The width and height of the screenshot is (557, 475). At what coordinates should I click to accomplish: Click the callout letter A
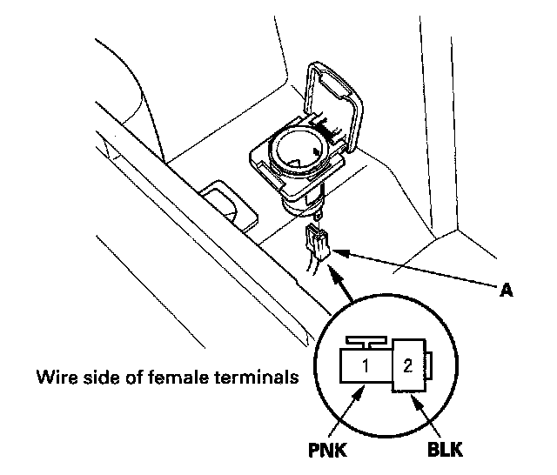(504, 292)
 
